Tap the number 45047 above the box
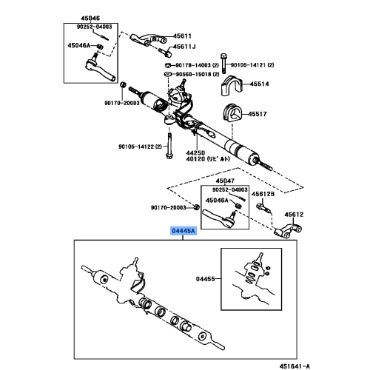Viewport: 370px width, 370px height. point(225,181)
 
